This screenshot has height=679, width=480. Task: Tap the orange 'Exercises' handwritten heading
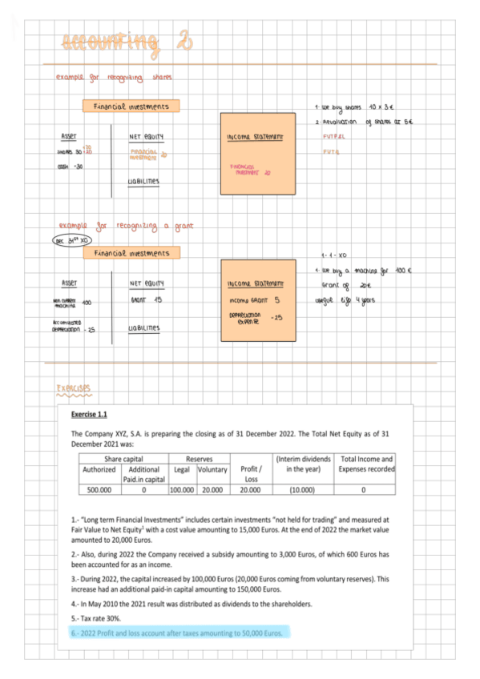click(74, 388)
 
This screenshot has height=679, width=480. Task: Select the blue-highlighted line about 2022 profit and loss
click(176, 633)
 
